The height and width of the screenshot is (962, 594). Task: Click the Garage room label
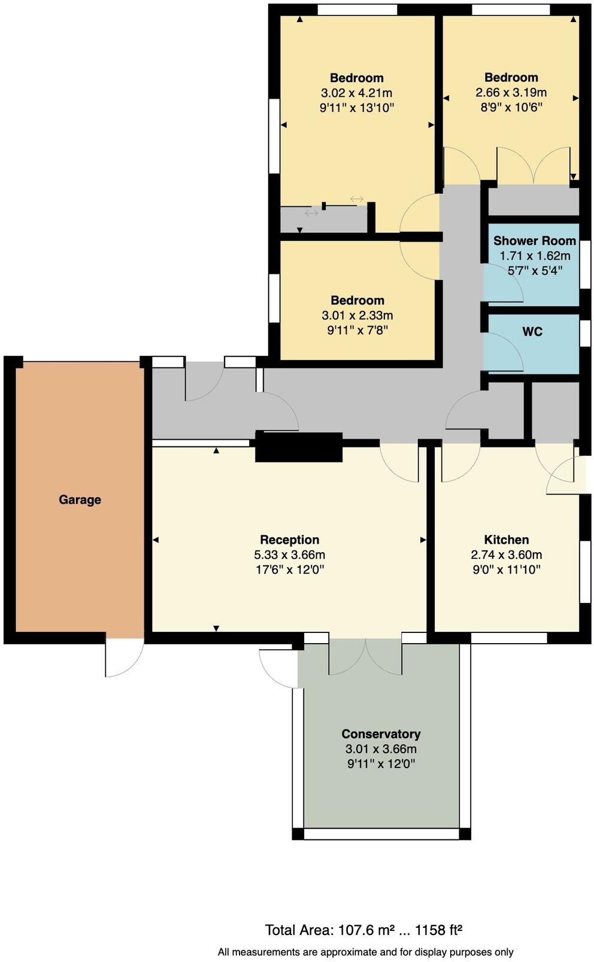pos(80,500)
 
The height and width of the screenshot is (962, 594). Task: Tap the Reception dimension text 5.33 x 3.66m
pos(289,555)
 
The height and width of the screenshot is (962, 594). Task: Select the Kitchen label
pos(506,540)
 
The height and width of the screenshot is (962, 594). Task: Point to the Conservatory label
pos(381,733)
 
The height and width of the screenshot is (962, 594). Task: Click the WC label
pos(532,331)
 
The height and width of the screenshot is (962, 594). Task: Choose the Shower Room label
pos(534,240)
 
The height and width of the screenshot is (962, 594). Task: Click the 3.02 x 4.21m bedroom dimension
pos(356,93)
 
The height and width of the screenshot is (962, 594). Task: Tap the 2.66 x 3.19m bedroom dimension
pos(511,92)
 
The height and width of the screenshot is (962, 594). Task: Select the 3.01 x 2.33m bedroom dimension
pos(357,315)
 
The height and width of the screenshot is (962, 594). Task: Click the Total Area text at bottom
pos(363,930)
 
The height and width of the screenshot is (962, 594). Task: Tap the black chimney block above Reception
pos(299,446)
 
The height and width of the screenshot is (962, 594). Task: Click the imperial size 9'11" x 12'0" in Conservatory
pos(381,763)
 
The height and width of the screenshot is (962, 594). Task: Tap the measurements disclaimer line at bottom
pos(365,951)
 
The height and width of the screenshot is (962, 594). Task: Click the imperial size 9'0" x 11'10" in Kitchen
pos(506,570)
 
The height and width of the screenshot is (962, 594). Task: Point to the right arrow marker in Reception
pos(423,540)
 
